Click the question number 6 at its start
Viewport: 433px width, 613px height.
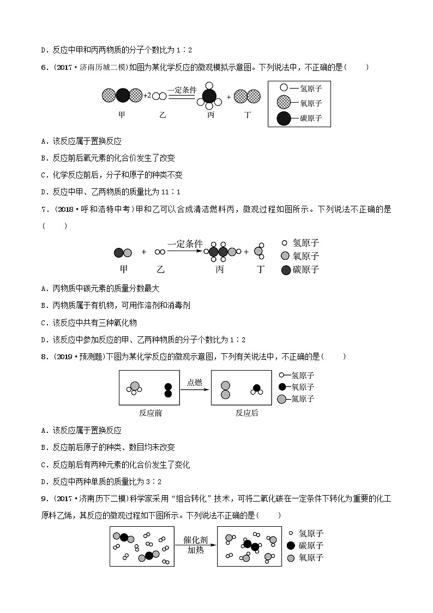pyautogui.click(x=44, y=67)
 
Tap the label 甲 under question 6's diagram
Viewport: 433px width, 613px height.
pyautogui.click(x=122, y=115)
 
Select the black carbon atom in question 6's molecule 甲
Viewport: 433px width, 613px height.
pyautogui.click(x=122, y=96)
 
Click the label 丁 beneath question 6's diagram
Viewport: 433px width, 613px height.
pyautogui.click(x=248, y=115)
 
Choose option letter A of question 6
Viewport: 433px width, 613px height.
pyautogui.click(x=44, y=141)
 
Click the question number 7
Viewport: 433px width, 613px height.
pyautogui.click(x=44, y=209)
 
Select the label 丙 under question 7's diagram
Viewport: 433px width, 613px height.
pyautogui.click(x=219, y=270)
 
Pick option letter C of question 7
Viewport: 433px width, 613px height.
pyautogui.click(x=44, y=322)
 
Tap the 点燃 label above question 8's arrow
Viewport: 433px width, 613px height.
pyautogui.click(x=195, y=382)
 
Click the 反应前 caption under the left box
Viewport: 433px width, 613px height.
pyautogui.click(x=151, y=413)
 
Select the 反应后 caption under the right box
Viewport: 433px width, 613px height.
pyautogui.click(x=246, y=413)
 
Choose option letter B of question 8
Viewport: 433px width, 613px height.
pyautogui.click(x=44, y=447)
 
